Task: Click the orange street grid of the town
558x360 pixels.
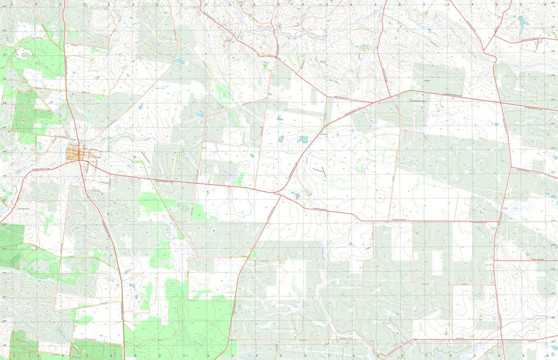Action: coord(73,152)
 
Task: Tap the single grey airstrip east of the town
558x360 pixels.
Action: coord(145,157)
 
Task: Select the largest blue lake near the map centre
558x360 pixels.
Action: coord(303,140)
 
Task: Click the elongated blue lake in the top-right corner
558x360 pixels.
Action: coord(521,20)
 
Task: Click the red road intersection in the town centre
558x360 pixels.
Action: coord(80,159)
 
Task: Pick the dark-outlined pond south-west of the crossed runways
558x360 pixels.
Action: coord(295,195)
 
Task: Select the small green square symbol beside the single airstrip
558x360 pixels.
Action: coord(135,158)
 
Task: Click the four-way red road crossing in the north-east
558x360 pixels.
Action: coord(501,103)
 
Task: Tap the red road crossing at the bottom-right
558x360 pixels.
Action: coord(502,340)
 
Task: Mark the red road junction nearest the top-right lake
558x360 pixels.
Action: coord(495,37)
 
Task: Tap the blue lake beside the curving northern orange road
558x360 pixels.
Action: coord(180,61)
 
